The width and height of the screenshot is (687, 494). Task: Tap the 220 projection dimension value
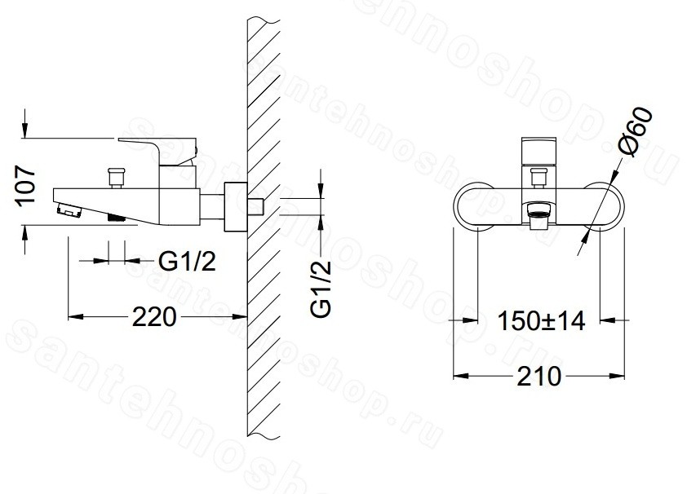click(154, 317)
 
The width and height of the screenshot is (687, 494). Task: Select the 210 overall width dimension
click(539, 376)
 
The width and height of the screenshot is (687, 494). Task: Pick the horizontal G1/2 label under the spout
click(187, 262)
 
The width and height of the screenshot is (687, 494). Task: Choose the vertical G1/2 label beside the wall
click(321, 289)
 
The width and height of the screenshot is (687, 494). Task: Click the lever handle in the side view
click(157, 152)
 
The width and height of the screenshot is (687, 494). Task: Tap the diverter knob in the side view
click(117, 177)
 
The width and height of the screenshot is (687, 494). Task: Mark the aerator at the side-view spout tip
click(70, 210)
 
